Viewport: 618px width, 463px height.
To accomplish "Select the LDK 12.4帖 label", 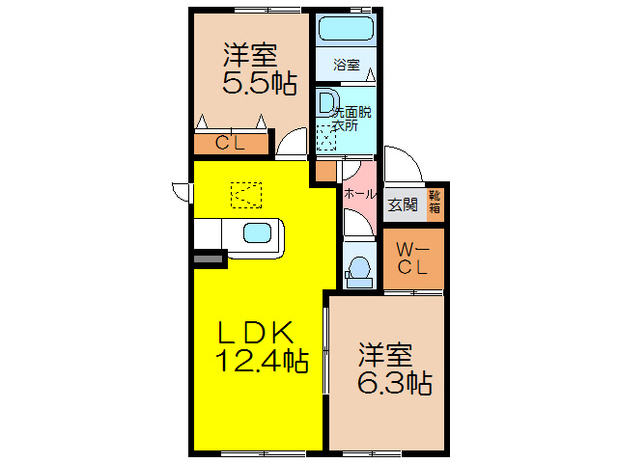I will pyautogui.click(x=256, y=347).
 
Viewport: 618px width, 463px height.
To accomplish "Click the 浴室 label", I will pyautogui.click(x=346, y=66).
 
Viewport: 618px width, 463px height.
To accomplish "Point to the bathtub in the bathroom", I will pyautogui.click(x=346, y=30).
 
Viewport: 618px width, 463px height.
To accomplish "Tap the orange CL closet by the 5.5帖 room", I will pyautogui.click(x=230, y=145).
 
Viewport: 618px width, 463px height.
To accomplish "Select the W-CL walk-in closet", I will pyautogui.click(x=413, y=259).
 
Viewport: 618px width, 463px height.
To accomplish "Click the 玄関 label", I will pyautogui.click(x=403, y=204).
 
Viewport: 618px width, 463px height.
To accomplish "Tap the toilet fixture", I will pyautogui.click(x=359, y=269).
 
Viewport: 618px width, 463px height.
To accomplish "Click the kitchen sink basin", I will pyautogui.click(x=258, y=232).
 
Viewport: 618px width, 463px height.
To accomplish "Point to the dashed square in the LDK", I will pyautogui.click(x=244, y=195).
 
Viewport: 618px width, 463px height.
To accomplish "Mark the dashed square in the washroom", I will pyautogui.click(x=329, y=139).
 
